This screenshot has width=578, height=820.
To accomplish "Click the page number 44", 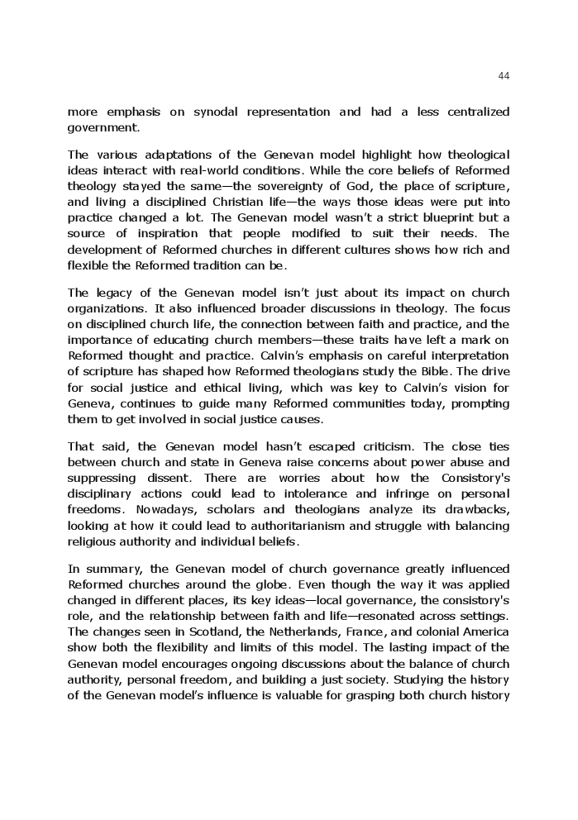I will [504, 76].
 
